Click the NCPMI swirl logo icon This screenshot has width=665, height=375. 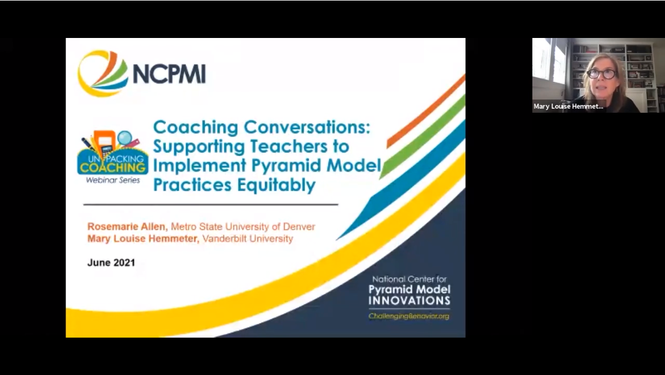click(102, 73)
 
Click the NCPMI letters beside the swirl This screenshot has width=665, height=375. click(169, 74)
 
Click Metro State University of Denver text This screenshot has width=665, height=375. click(243, 227)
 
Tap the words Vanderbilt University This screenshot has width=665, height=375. click(247, 239)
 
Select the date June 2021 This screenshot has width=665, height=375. click(111, 263)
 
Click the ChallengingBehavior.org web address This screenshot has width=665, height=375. click(408, 317)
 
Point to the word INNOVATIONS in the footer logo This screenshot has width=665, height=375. click(409, 301)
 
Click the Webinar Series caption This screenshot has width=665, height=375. click(113, 180)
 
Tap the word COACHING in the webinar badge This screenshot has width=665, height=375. click(113, 168)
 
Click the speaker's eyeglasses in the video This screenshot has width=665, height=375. click(601, 74)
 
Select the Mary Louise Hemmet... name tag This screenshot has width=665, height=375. click(568, 106)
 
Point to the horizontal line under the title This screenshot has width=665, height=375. click(210, 205)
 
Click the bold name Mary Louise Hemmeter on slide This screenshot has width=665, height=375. click(143, 239)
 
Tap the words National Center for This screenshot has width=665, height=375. click(409, 280)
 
